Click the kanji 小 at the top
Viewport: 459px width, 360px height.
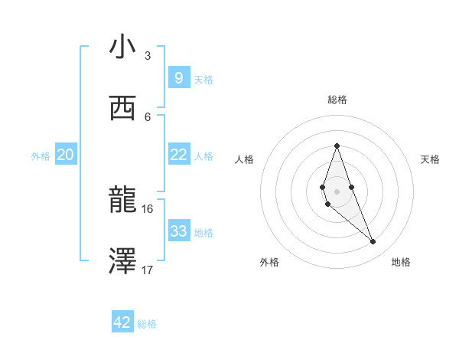(x=122, y=47)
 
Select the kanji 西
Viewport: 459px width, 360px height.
(x=122, y=109)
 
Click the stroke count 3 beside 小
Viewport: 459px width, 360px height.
(x=148, y=55)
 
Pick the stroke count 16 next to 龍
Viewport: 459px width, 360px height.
(x=148, y=208)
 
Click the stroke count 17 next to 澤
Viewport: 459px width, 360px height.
(x=148, y=270)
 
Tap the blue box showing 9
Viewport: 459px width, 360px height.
(x=178, y=77)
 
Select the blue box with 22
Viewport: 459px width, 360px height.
(x=178, y=155)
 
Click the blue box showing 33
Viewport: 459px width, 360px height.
(x=178, y=231)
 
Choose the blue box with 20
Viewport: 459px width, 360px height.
(x=65, y=155)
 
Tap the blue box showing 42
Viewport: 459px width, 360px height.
(x=122, y=322)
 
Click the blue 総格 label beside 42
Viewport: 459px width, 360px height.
(x=147, y=324)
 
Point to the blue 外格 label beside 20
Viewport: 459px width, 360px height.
(x=41, y=156)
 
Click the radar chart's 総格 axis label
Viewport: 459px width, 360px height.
(x=337, y=100)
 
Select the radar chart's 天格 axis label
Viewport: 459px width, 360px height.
(x=430, y=159)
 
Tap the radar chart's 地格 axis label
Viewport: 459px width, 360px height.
(x=401, y=262)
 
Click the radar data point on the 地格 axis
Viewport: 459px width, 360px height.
(x=373, y=241)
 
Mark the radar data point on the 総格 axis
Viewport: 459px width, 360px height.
(x=337, y=146)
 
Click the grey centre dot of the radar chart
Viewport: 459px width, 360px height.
(x=337, y=191)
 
